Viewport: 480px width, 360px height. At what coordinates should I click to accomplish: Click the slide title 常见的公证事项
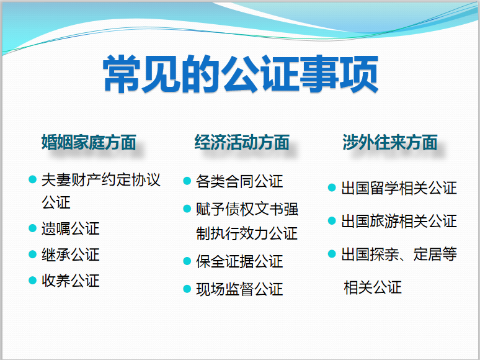241,73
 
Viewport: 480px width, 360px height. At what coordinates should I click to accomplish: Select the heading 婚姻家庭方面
89,142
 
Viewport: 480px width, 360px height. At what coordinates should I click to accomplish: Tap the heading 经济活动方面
242,142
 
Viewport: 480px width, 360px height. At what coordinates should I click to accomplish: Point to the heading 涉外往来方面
389,142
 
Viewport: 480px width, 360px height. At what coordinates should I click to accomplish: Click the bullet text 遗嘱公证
71,228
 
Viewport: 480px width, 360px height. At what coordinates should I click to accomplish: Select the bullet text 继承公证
71,254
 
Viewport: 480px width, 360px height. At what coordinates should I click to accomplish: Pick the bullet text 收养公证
71,281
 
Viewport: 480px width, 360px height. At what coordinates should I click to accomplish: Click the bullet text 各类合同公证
239,181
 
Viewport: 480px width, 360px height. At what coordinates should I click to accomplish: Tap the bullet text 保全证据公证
239,261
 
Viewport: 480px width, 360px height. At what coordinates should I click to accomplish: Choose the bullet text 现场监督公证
239,289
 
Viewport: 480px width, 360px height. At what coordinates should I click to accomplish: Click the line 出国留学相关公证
399,188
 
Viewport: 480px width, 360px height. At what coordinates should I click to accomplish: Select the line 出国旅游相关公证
399,221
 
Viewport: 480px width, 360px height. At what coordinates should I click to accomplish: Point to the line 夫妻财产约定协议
101,180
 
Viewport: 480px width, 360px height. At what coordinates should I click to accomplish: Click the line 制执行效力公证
247,233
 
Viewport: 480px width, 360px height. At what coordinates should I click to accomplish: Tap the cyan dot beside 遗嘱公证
32,228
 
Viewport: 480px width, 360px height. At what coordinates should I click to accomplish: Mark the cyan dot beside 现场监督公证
187,289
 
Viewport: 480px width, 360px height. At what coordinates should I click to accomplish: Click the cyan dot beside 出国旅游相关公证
332,220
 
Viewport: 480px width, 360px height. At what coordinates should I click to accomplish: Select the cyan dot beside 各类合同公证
187,181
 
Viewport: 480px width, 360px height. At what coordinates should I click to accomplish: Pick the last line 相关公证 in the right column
373,288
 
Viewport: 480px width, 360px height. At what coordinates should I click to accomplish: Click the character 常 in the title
122,73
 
